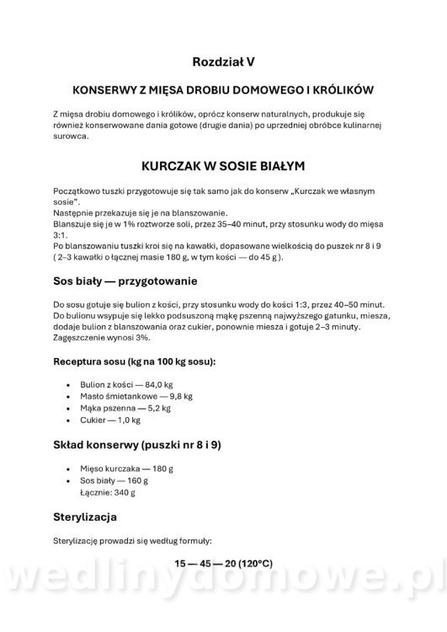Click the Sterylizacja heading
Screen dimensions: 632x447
(x=85, y=515)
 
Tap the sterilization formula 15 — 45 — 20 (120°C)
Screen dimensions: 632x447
(x=222, y=560)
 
